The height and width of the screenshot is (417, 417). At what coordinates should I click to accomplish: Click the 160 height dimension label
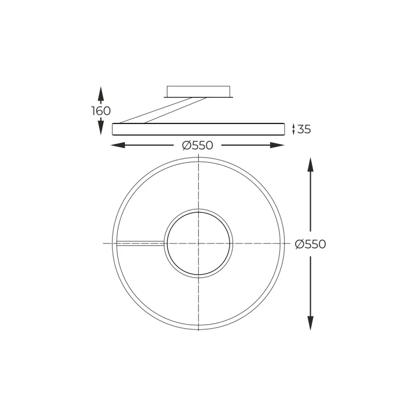point(101,111)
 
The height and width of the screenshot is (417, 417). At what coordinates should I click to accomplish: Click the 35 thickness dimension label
point(303,129)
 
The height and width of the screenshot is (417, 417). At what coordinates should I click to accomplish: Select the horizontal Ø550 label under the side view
point(198,145)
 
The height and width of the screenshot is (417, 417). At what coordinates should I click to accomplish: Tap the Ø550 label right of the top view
point(310,244)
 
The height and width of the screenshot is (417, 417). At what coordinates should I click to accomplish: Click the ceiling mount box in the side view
point(198,92)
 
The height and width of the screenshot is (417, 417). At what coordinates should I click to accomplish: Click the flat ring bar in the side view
point(198,129)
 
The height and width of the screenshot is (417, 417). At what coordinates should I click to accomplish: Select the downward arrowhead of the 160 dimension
point(101,128)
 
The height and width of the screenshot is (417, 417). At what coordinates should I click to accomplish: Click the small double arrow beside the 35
point(293,129)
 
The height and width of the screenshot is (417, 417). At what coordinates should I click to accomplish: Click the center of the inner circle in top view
point(199,243)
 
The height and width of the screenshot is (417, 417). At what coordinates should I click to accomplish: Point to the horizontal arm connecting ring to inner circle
point(141,242)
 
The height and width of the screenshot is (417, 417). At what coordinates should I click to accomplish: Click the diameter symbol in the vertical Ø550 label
point(300,244)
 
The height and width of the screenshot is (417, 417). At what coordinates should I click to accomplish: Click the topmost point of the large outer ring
point(199,157)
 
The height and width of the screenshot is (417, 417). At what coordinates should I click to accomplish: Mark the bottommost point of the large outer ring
point(199,329)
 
